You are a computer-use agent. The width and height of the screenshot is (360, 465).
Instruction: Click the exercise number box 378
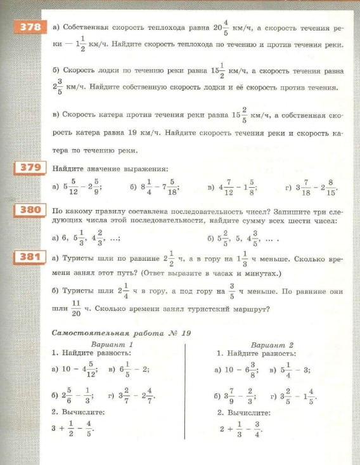[x=29, y=27]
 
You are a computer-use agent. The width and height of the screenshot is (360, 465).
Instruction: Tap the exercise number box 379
[x=29, y=168]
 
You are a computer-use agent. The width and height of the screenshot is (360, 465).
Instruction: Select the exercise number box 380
[x=29, y=210]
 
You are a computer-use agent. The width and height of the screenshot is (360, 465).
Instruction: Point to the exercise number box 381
[x=29, y=258]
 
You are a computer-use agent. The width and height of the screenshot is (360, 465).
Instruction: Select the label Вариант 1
[x=112, y=344]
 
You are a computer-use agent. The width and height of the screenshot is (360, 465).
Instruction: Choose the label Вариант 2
[x=273, y=345]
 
